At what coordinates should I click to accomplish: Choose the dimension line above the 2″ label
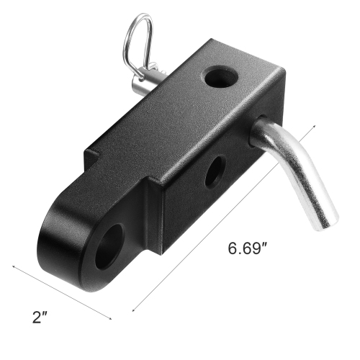(x=63, y=292)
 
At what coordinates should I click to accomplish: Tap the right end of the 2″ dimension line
(x=113, y=319)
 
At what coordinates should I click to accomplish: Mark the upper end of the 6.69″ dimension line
(x=315, y=127)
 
